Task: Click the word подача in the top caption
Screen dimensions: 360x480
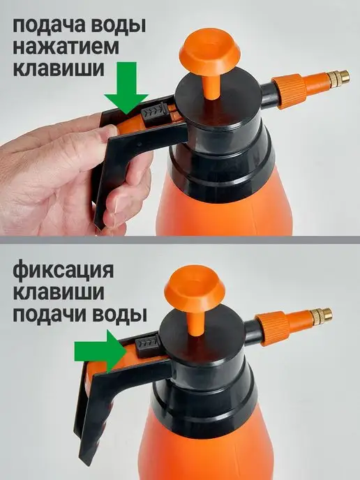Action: [48, 26]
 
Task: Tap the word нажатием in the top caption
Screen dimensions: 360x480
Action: [66, 47]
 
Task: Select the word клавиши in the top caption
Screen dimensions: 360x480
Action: [59, 68]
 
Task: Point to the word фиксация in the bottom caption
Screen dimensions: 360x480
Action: [63, 271]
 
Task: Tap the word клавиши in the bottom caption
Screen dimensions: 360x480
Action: [59, 292]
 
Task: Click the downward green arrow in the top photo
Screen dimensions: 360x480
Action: [126, 87]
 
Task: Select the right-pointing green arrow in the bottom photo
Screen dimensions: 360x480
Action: [101, 351]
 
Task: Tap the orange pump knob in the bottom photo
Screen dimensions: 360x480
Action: [195, 289]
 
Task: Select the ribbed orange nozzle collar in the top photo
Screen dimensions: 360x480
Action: [290, 91]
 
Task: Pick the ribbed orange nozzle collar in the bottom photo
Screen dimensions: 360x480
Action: [273, 329]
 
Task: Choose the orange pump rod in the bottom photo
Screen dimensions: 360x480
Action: [195, 323]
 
